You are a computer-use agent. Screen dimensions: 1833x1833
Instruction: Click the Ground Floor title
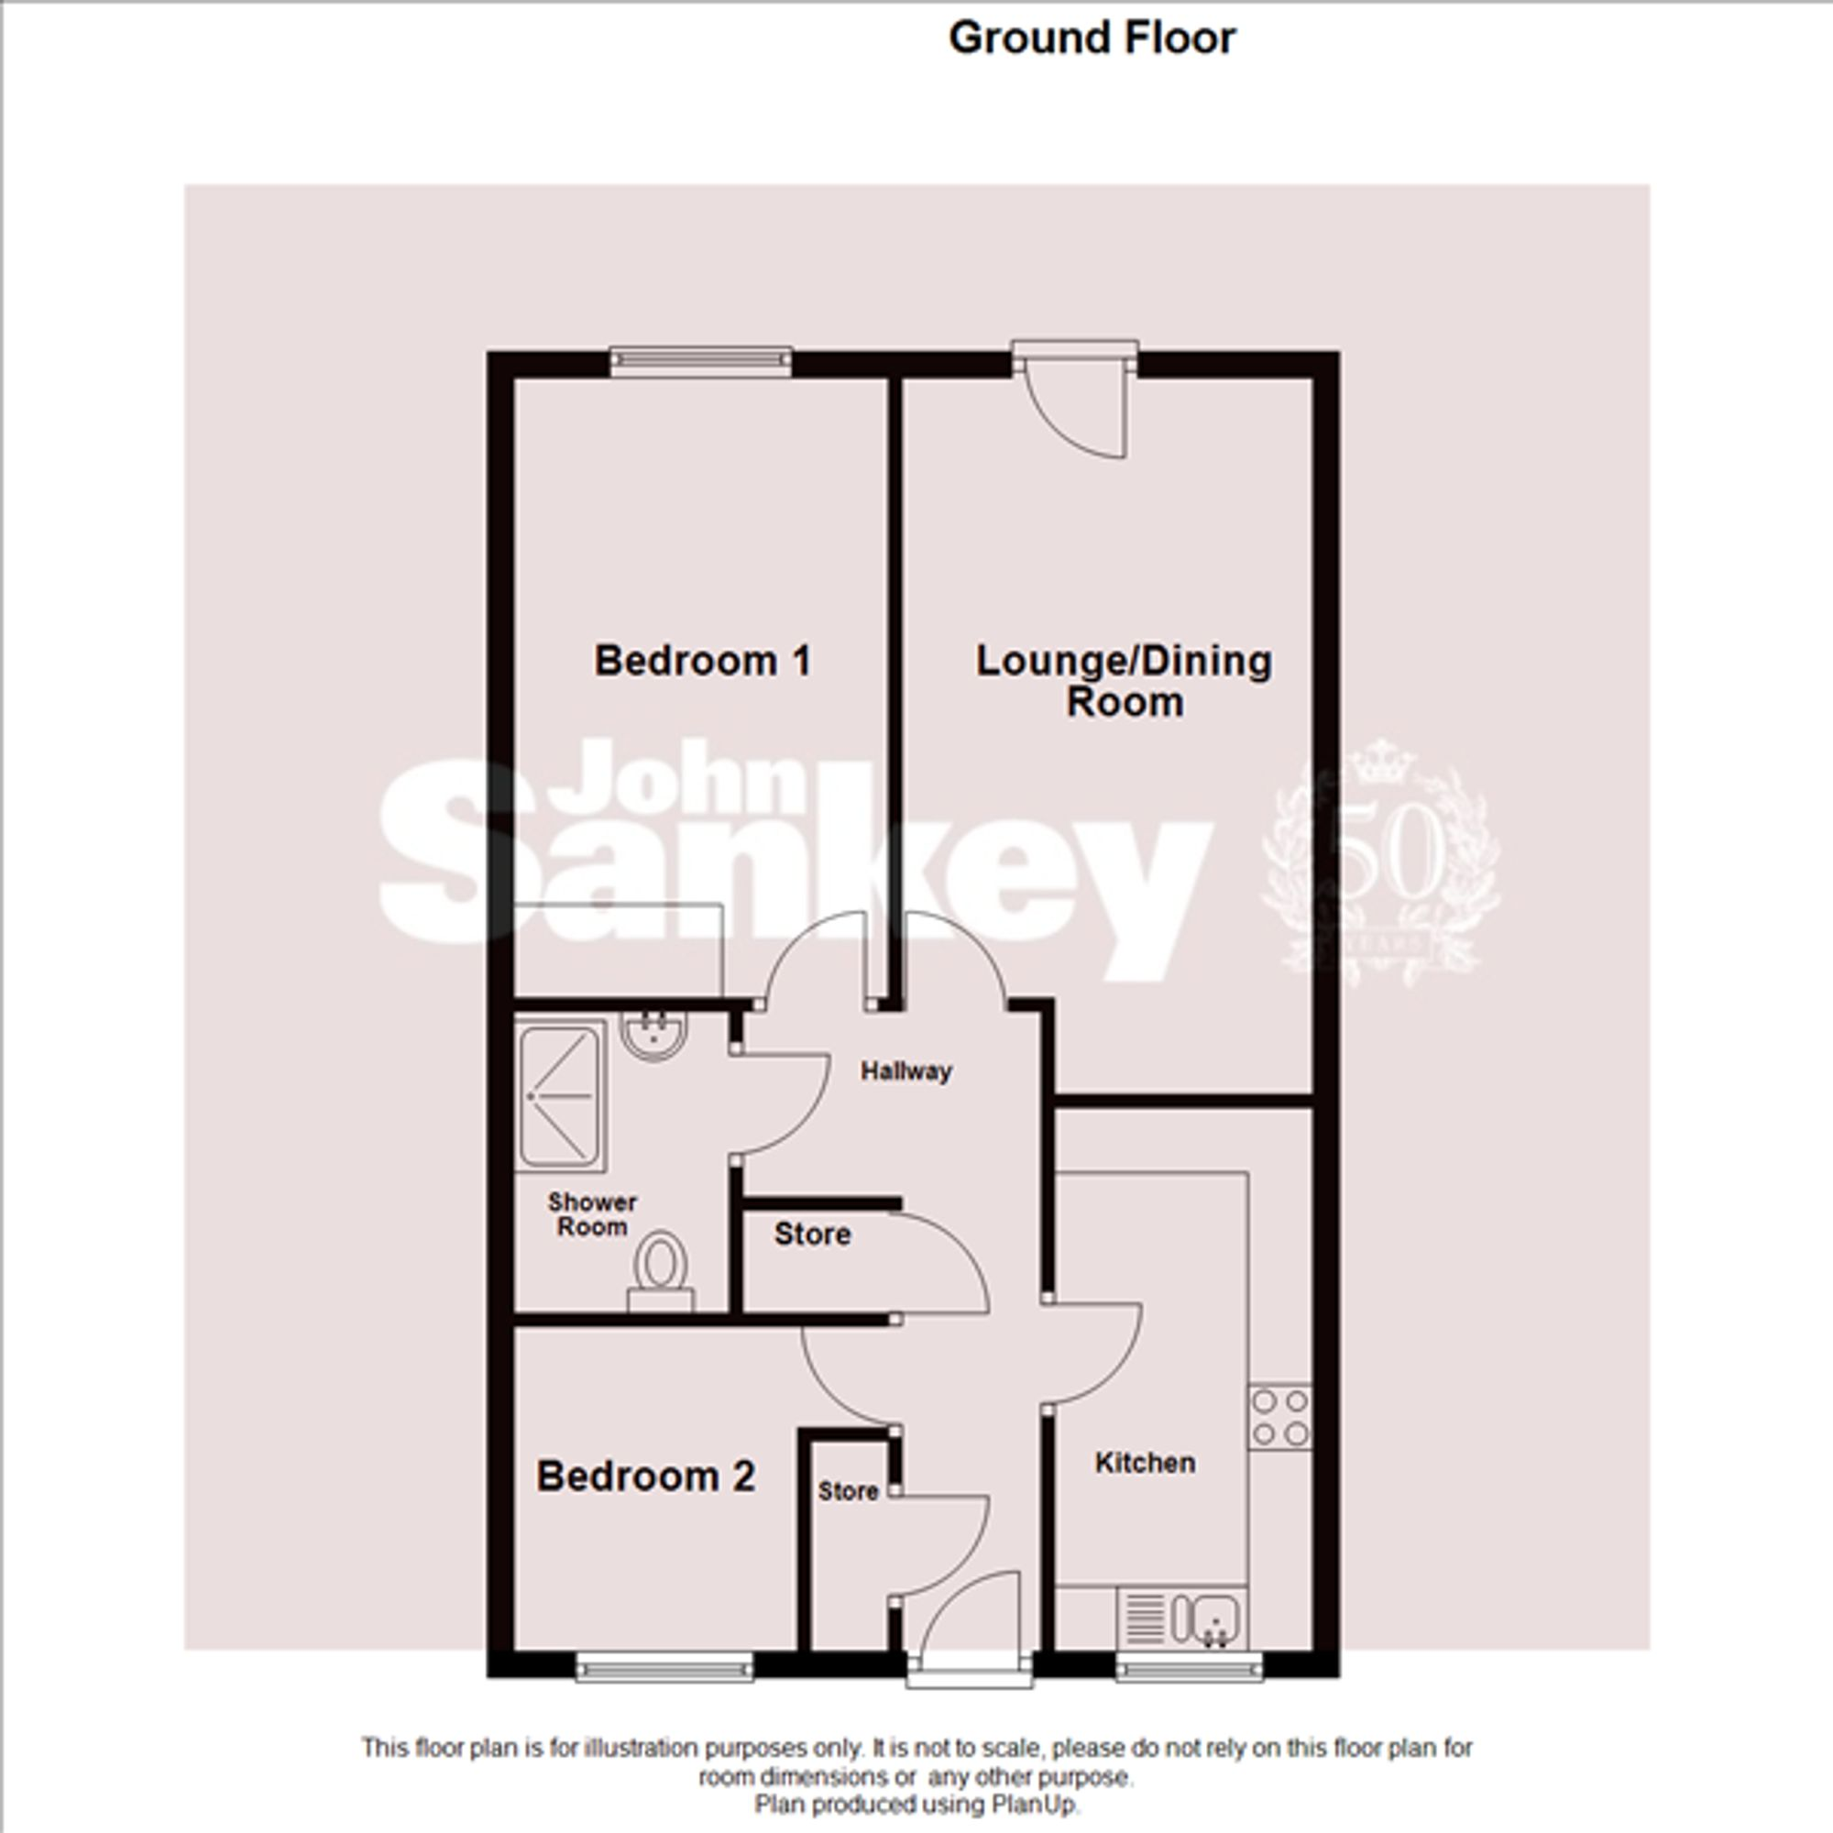(x=1092, y=38)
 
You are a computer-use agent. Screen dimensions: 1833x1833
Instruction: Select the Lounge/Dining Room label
(x=1125, y=681)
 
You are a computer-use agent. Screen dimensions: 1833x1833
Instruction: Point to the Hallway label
(x=906, y=1071)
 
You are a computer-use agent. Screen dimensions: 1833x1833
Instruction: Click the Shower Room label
(x=592, y=1214)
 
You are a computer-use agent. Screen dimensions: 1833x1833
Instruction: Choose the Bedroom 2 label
(x=646, y=1476)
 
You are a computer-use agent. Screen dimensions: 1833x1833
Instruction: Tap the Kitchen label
(x=1145, y=1462)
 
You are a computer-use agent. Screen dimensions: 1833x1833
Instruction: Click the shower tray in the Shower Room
(x=561, y=1095)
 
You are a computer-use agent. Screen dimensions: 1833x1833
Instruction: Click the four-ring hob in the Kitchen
(x=1279, y=1418)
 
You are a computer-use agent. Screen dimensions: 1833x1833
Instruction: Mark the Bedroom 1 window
(x=700, y=360)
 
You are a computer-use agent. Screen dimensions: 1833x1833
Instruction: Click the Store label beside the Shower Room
(x=812, y=1234)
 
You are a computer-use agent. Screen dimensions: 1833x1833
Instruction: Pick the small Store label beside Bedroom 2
(x=848, y=1491)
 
